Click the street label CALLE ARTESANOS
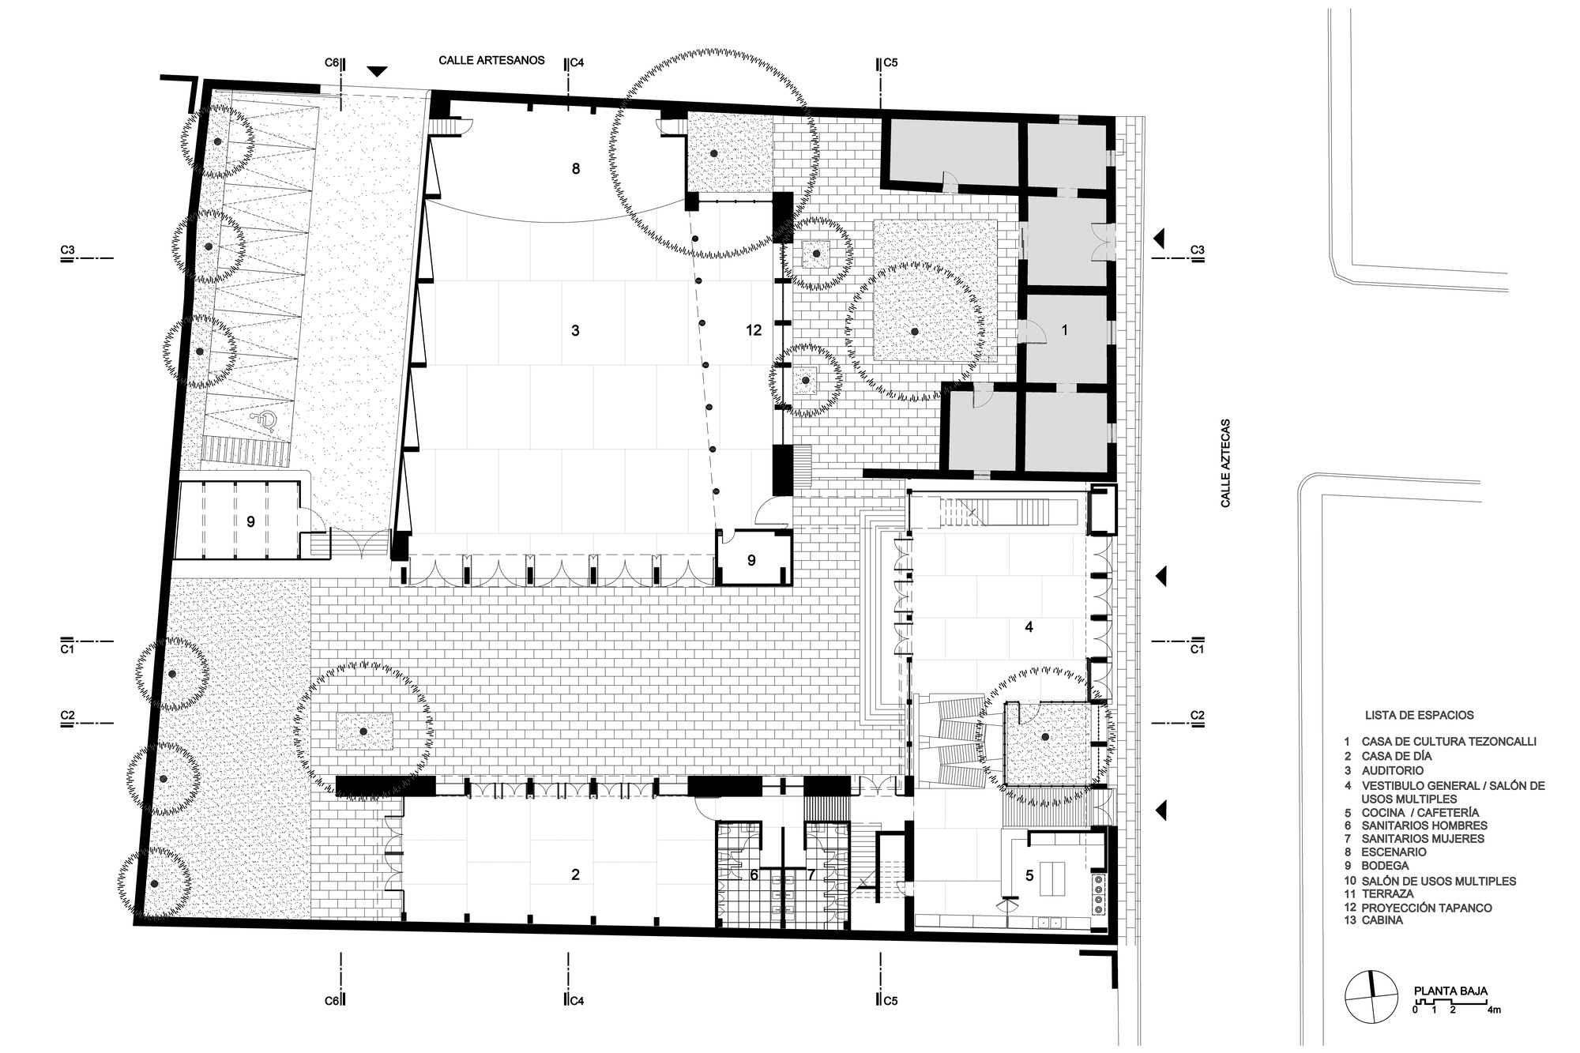pyautogui.click(x=492, y=60)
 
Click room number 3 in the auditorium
pyautogui.click(x=575, y=330)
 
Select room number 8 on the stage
pyautogui.click(x=576, y=168)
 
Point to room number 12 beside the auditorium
pyautogui.click(x=754, y=330)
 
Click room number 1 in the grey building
pyautogui.click(x=1064, y=330)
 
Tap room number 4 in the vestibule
pyautogui.click(x=1029, y=627)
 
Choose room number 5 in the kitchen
pyautogui.click(x=1029, y=875)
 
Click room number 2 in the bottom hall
pyautogui.click(x=575, y=874)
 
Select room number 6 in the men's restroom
pyautogui.click(x=754, y=874)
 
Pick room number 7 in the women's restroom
pyautogui.click(x=811, y=874)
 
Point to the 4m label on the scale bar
pyautogui.click(x=1494, y=1010)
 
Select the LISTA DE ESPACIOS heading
pyautogui.click(x=1420, y=715)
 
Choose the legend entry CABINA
pyautogui.click(x=1382, y=920)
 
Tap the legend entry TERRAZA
pyautogui.click(x=1388, y=894)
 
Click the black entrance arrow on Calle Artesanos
pyautogui.click(x=378, y=71)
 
